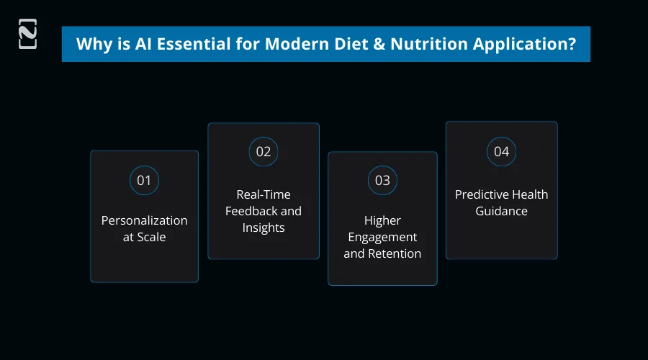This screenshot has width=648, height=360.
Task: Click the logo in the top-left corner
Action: tap(27, 35)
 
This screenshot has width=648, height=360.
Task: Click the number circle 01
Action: tap(144, 180)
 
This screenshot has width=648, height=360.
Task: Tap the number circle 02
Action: tap(264, 152)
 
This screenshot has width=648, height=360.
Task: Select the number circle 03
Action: tap(382, 180)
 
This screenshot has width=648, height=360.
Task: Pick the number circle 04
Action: tap(501, 152)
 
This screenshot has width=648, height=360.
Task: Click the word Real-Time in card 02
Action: tap(264, 194)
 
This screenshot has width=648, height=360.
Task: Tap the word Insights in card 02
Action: tap(264, 228)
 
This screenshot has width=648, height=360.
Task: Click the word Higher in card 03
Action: tap(382, 220)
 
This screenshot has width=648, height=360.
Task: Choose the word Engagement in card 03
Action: tap(382, 237)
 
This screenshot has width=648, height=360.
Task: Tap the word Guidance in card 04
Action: tap(501, 211)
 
